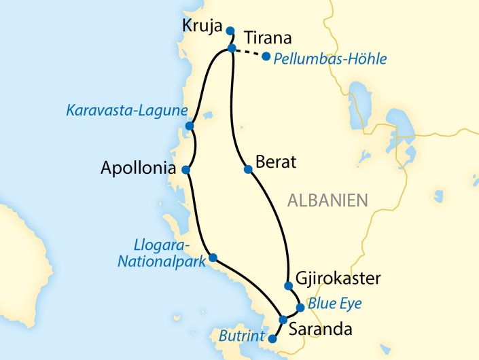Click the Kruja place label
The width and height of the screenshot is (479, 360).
click(x=202, y=26)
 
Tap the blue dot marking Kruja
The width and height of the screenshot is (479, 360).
click(x=230, y=31)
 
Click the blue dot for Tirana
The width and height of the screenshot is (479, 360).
click(x=232, y=48)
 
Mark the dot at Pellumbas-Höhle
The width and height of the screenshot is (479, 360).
click(x=266, y=56)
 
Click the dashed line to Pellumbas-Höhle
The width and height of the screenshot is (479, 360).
click(x=249, y=53)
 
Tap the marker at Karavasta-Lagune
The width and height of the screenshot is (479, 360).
click(x=190, y=126)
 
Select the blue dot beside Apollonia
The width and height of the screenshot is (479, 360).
click(x=185, y=169)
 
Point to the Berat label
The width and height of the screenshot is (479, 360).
click(x=277, y=163)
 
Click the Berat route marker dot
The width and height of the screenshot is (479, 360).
click(x=247, y=170)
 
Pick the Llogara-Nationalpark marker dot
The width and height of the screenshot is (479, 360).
click(x=213, y=257)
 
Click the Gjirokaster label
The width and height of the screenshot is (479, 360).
click(x=338, y=278)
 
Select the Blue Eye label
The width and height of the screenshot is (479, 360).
click(x=334, y=303)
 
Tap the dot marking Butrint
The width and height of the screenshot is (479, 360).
click(x=273, y=339)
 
